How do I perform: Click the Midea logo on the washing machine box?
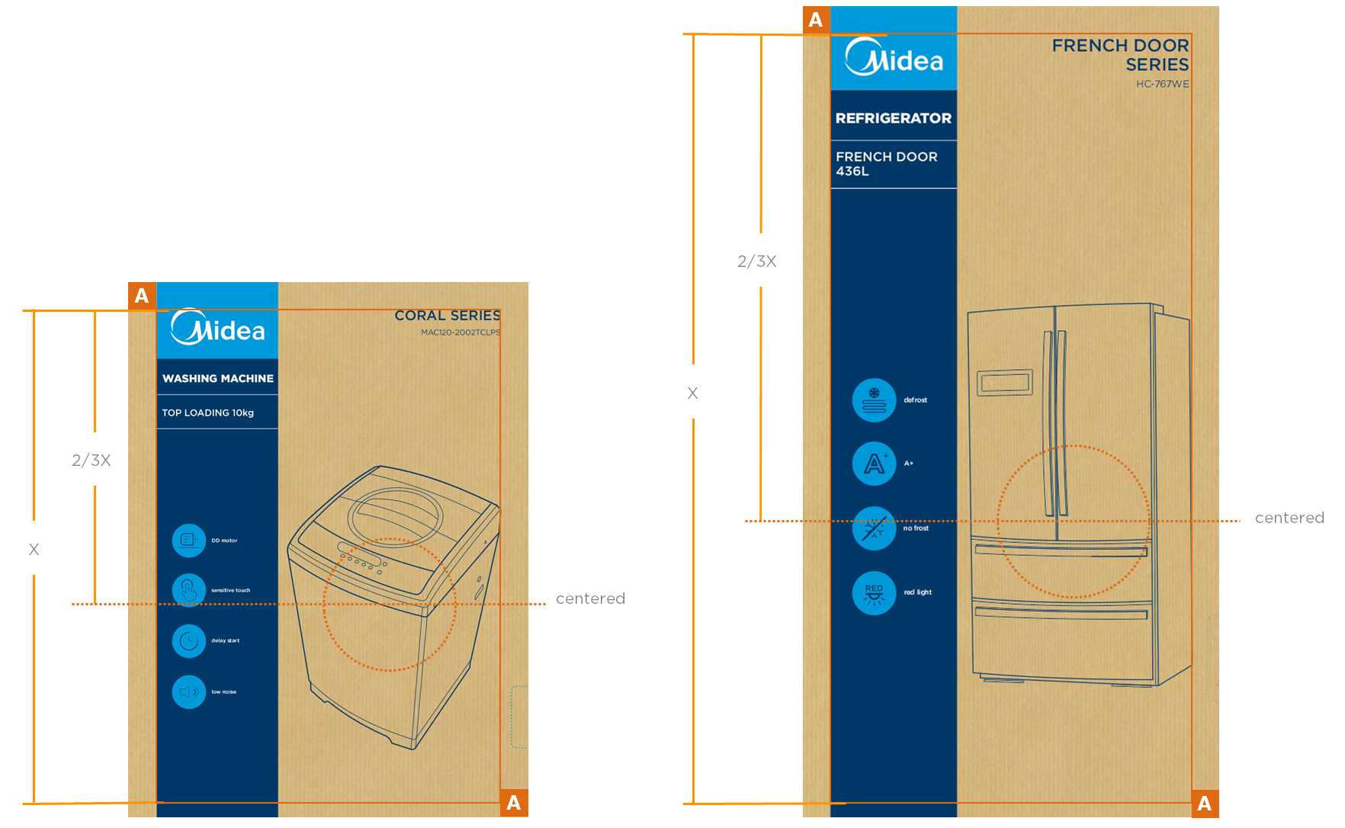coord(217,328)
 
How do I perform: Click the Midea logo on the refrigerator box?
coord(894,58)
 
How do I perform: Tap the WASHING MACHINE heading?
coord(217,378)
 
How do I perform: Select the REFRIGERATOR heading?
coord(893,118)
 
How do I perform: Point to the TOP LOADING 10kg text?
coord(207,412)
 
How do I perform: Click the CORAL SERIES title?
coord(447,316)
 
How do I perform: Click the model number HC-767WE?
coord(1162,84)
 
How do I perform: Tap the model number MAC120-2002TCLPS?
coord(460,332)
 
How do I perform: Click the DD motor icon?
coord(189,541)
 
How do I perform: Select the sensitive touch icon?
coord(189,590)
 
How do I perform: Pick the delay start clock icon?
coord(189,641)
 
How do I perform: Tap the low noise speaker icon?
coord(189,692)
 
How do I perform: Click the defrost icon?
coord(874,400)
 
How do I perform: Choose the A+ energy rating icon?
coord(874,464)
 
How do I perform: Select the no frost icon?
coord(874,528)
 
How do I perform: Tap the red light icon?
coord(874,592)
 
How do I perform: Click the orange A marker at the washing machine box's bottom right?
coord(514,803)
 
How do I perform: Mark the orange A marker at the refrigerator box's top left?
coord(816,20)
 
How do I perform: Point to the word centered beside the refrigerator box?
coord(1289,518)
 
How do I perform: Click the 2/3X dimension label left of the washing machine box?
coord(91,461)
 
